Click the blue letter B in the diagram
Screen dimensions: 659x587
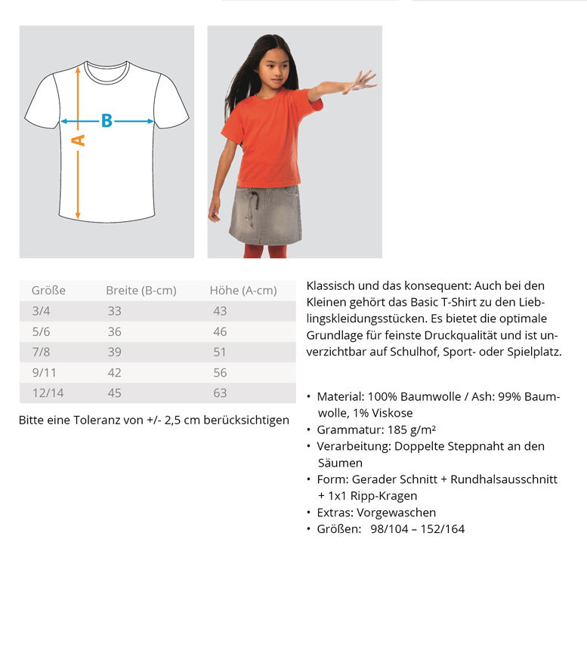pos(107,121)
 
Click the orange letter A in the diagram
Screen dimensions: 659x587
pos(78,140)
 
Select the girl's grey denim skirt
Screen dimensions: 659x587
pos(265,215)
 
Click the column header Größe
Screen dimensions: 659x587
pos(48,291)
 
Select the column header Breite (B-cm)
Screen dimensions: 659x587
pos(141,291)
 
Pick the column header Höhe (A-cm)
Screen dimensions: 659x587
pos(243,291)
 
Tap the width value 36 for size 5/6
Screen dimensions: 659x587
pos(114,331)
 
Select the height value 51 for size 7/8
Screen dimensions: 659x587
pos(220,352)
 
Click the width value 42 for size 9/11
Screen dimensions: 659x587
pos(114,372)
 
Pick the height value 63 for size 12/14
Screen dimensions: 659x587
pos(220,393)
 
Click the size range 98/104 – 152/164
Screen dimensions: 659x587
pos(417,529)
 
